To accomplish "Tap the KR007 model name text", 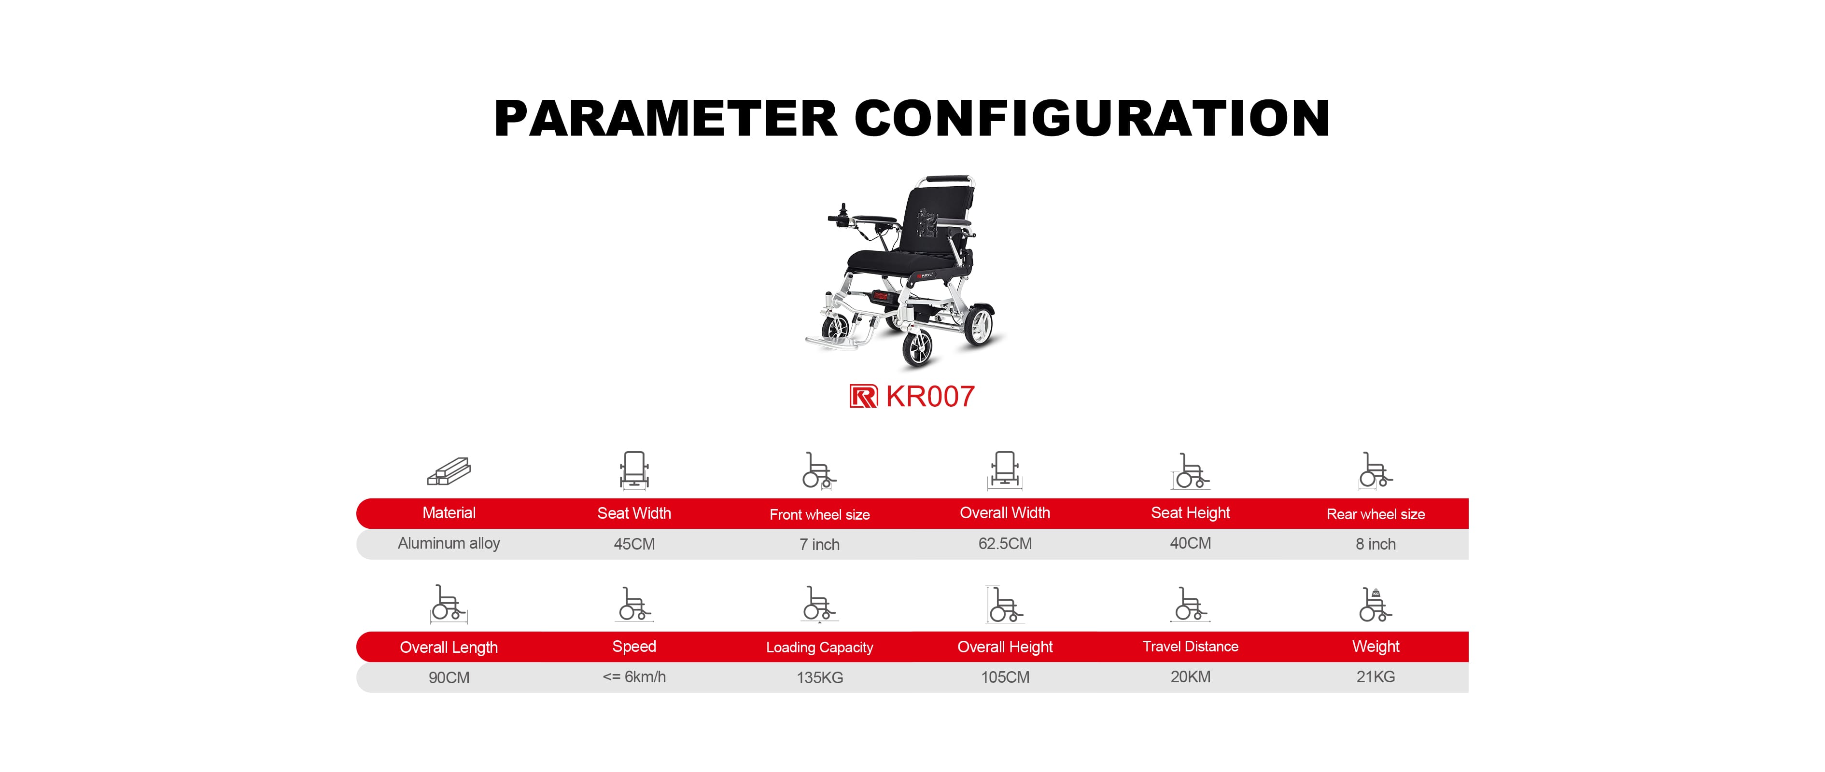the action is (930, 397).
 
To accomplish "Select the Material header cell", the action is (449, 513).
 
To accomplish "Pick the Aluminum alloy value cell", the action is (449, 543).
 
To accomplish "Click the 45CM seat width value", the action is (634, 544).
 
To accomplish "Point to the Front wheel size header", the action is (820, 515).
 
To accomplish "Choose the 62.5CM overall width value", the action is (1005, 544).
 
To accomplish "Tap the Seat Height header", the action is (1190, 513).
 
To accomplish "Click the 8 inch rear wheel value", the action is (1376, 544).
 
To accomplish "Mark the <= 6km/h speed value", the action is (634, 677).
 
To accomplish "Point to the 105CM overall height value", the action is (1005, 677).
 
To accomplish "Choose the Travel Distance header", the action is (1190, 647).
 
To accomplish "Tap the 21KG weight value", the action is (1376, 677).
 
